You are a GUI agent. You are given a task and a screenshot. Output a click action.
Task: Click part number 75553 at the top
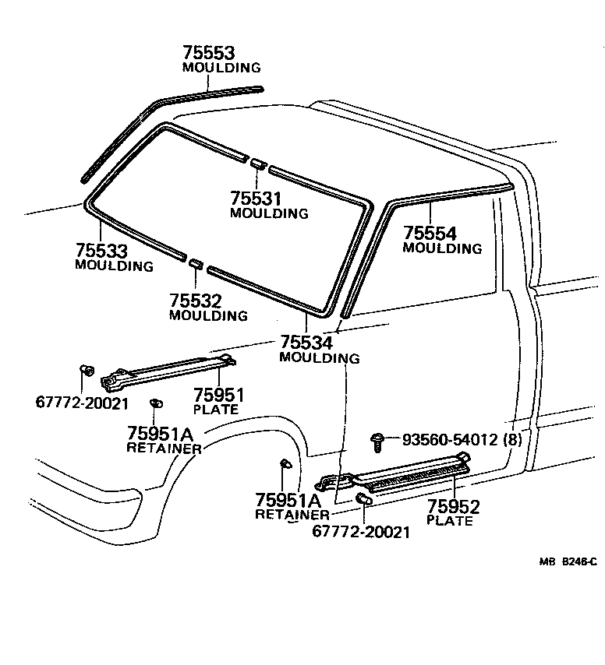click(x=209, y=53)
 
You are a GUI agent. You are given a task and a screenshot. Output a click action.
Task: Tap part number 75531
click(x=257, y=198)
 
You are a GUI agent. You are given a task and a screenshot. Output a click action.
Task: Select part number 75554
click(x=430, y=233)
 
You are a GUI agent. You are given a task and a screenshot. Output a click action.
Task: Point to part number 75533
click(x=101, y=251)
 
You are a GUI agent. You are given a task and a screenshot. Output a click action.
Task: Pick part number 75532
click(x=196, y=301)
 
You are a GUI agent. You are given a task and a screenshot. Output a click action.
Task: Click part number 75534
click(x=306, y=343)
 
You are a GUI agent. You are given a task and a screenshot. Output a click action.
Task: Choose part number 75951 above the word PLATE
click(x=219, y=395)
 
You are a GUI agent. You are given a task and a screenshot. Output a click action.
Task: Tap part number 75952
click(x=453, y=507)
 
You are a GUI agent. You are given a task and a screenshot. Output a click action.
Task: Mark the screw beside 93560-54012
click(x=378, y=441)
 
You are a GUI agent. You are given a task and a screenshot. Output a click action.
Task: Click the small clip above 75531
click(x=258, y=163)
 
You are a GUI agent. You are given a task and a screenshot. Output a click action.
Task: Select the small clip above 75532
click(x=196, y=265)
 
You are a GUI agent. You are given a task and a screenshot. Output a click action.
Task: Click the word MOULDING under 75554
click(x=442, y=248)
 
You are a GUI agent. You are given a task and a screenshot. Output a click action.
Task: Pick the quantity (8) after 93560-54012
click(x=511, y=440)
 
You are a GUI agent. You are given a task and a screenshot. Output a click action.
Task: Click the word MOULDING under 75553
click(x=221, y=68)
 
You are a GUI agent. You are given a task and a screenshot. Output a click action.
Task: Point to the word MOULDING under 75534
click(x=320, y=358)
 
